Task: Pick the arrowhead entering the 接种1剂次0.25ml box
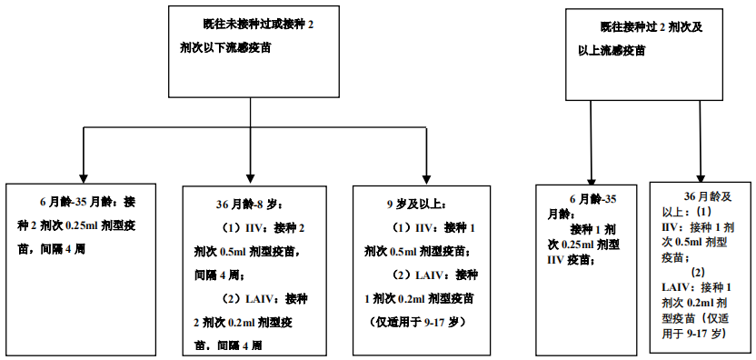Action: click(x=592, y=177)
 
